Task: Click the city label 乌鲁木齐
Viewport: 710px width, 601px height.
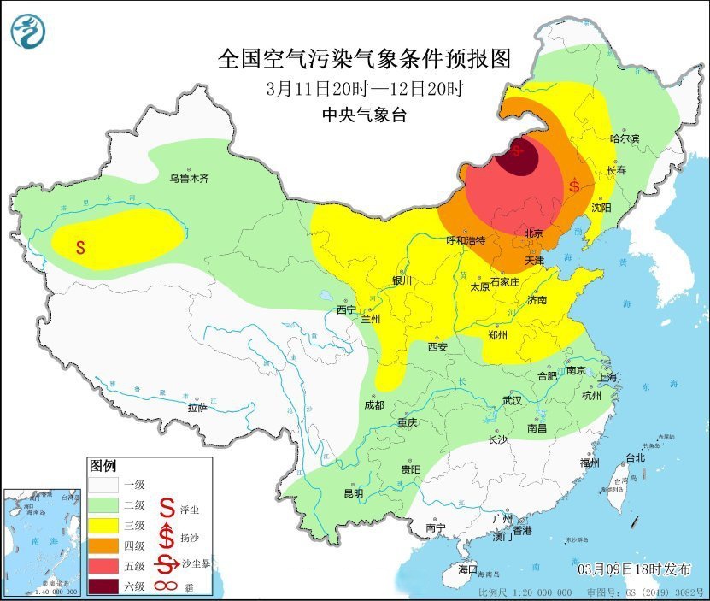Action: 188,179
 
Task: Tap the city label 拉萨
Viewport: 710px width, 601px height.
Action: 197,408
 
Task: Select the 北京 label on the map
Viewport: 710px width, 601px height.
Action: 534,233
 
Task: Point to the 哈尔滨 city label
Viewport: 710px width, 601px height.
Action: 625,138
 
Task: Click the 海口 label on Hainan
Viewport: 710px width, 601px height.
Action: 468,569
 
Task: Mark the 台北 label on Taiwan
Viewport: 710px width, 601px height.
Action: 635,457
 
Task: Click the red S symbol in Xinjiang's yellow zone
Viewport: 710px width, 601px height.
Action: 80,248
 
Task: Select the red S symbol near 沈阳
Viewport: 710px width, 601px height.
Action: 575,185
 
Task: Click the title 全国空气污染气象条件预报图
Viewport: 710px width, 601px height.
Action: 365,59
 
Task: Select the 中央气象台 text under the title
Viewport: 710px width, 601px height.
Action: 365,115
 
